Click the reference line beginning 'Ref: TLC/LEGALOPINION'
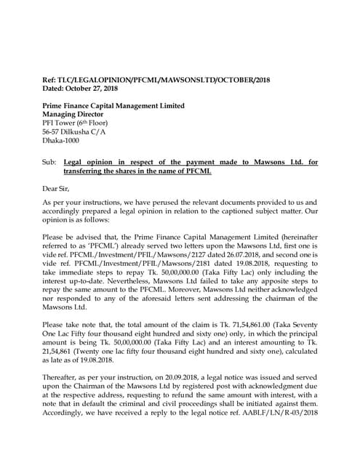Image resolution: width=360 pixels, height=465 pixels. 156,79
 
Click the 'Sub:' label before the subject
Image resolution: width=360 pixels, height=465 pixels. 49,162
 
